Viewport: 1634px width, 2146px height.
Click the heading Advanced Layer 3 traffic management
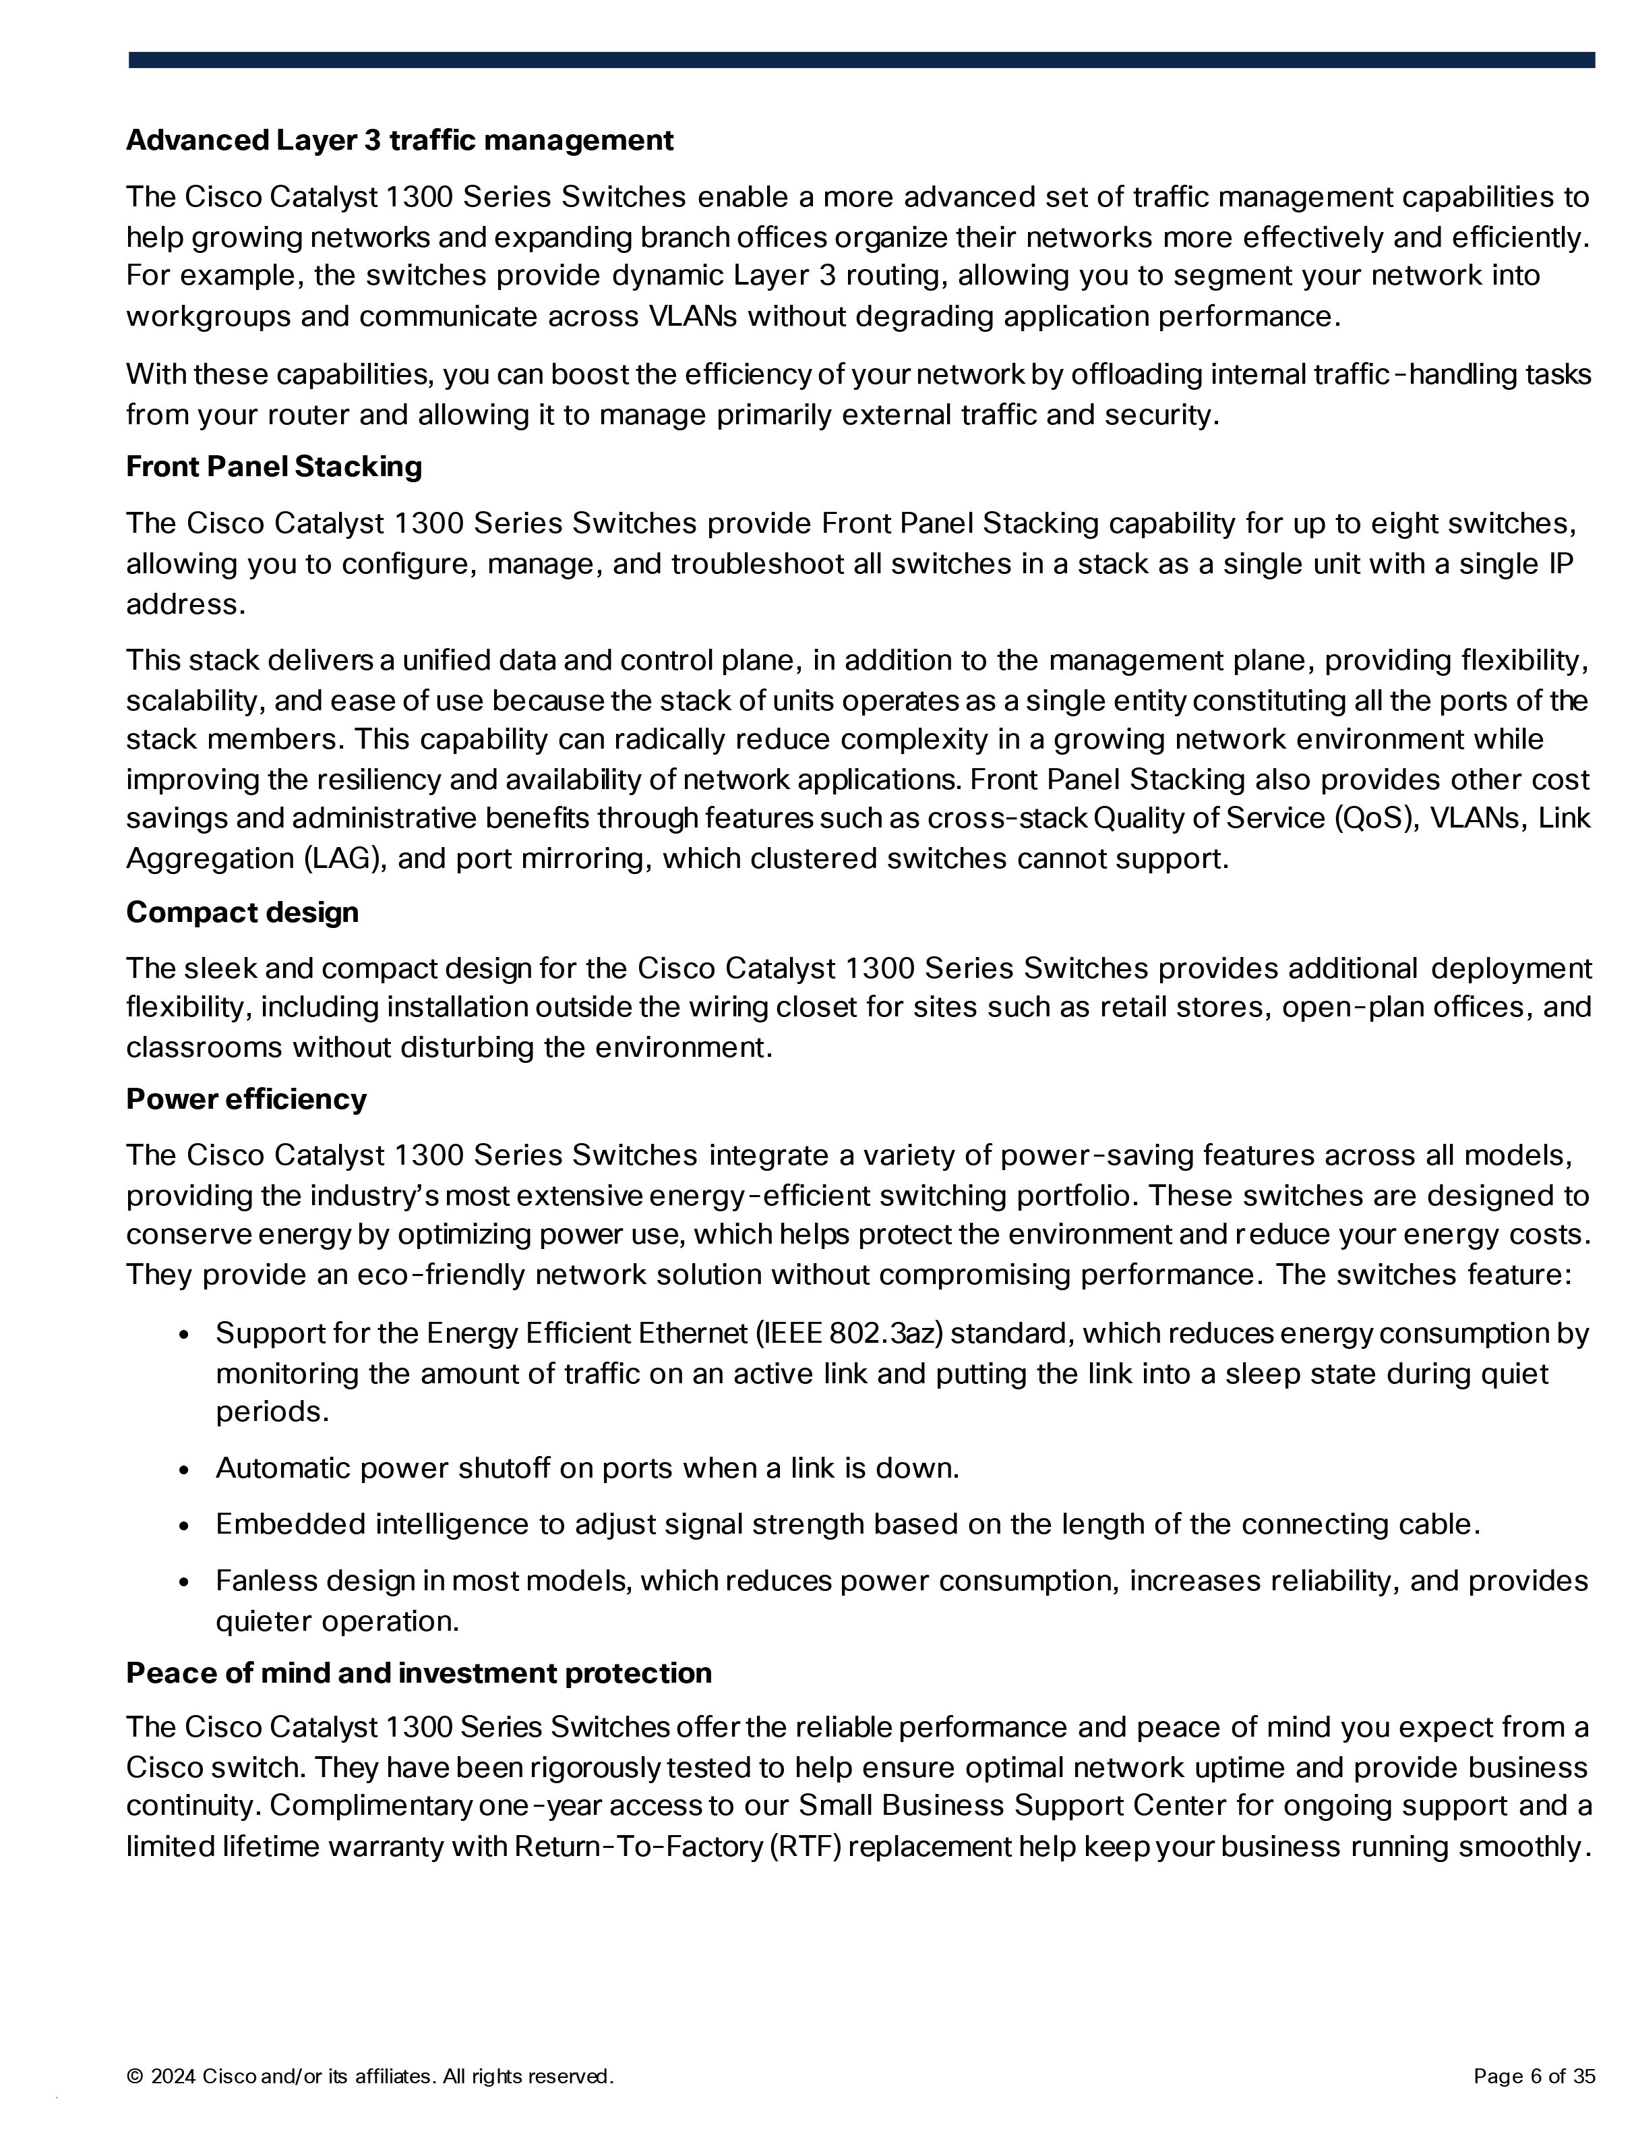click(x=399, y=141)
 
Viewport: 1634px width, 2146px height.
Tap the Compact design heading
click(x=242, y=912)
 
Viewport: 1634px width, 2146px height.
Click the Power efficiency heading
click(x=246, y=1099)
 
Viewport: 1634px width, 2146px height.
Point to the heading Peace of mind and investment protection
click(x=418, y=1673)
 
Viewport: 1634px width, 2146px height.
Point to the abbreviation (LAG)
click(x=346, y=859)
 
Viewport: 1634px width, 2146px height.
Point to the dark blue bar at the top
click(x=861, y=60)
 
